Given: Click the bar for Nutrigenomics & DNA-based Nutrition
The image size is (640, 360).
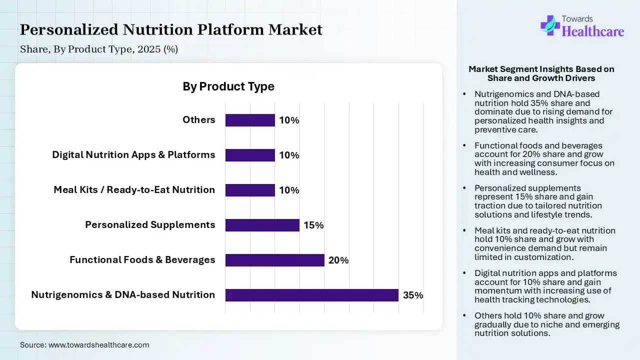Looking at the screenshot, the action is click(311, 295).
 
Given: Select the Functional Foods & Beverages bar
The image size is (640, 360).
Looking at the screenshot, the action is click(275, 260).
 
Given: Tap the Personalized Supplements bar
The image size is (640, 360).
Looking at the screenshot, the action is click(262, 225).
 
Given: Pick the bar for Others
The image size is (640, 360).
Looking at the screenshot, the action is click(250, 120).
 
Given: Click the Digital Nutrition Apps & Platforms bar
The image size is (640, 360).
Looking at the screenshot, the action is click(250, 155).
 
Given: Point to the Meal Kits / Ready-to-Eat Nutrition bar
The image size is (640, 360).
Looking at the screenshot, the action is click(250, 190).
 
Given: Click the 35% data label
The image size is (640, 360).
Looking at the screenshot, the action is click(413, 295).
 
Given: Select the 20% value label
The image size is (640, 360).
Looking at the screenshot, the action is click(338, 260).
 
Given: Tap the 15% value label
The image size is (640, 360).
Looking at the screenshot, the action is click(313, 225).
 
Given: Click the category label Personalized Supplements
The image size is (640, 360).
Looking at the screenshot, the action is click(150, 225).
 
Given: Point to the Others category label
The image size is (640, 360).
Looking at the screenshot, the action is click(199, 119).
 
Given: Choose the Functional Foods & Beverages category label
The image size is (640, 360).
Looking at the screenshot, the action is click(142, 259).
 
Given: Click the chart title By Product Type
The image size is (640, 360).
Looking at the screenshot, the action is click(228, 86).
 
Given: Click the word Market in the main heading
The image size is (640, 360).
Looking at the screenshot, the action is click(295, 29).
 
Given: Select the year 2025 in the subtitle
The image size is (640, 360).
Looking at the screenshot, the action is click(149, 49).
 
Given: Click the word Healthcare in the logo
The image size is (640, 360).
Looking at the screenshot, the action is click(593, 31).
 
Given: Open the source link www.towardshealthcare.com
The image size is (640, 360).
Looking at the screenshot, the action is click(98, 345).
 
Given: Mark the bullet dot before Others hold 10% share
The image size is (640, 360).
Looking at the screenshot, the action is click(464, 315).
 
